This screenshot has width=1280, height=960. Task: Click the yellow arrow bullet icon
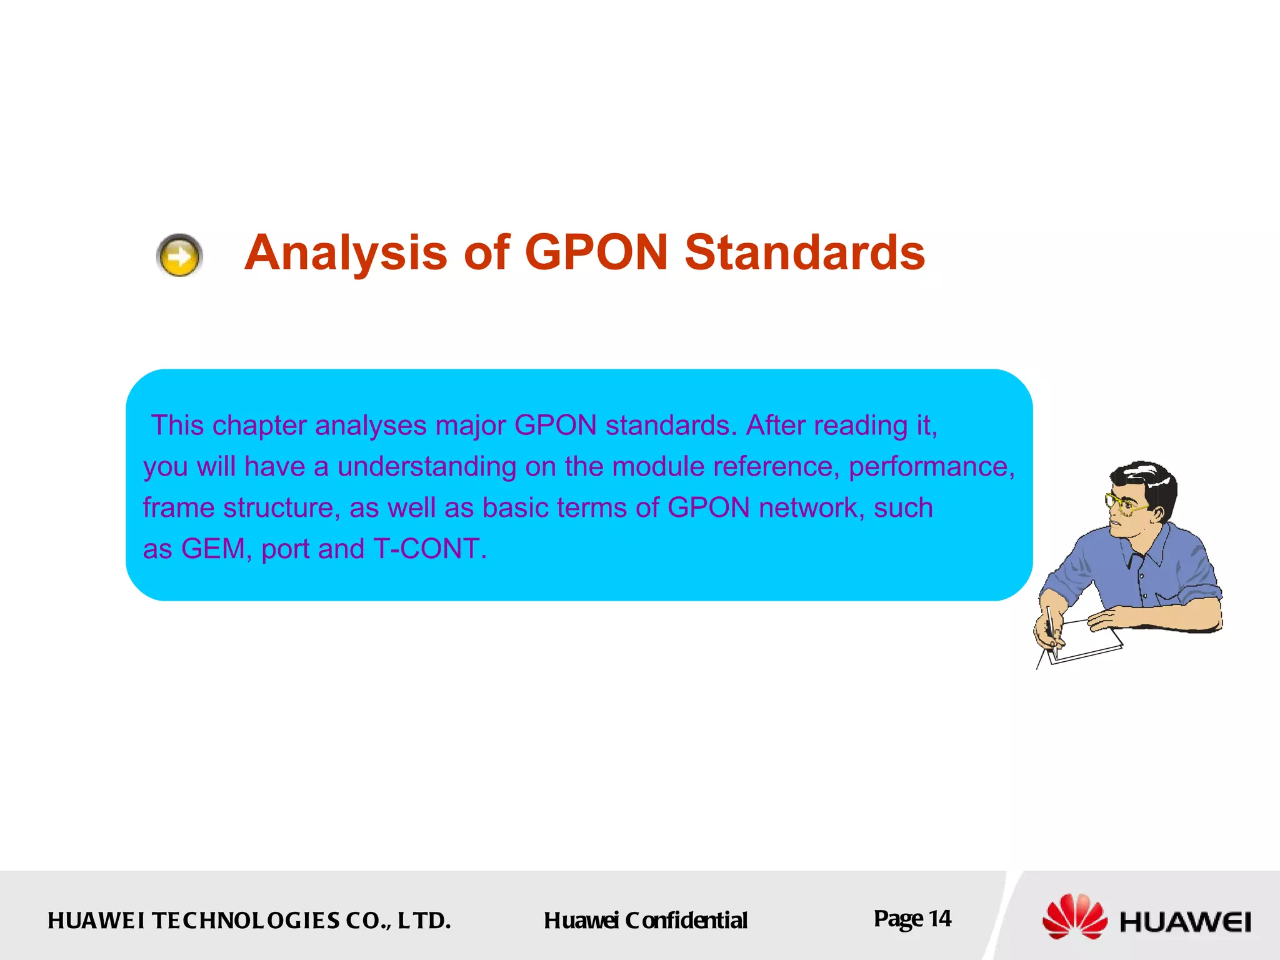pos(179,256)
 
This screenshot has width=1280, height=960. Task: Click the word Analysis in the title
pos(346,253)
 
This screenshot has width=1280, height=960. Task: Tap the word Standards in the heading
pos(804,253)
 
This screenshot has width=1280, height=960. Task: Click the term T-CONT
pos(429,549)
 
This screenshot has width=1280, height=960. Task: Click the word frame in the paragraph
pos(179,508)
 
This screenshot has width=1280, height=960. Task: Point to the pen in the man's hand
pos(1051,625)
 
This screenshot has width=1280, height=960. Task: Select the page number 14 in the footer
pos(939,919)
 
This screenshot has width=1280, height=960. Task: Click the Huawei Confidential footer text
pos(645,921)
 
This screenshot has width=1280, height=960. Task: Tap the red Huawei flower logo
pos(1074,917)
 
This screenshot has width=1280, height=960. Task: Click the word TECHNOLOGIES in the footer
pos(246,921)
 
